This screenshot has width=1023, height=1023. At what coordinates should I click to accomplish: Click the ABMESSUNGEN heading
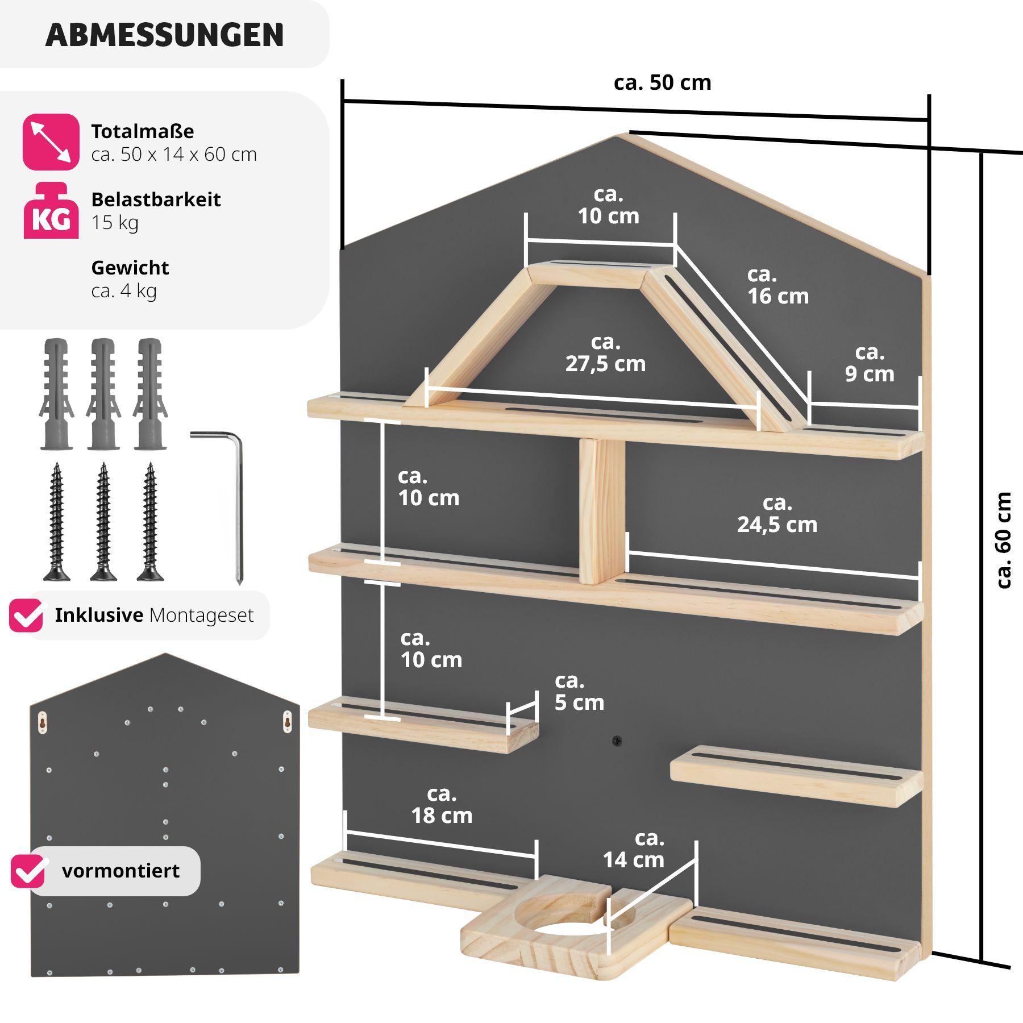(x=164, y=35)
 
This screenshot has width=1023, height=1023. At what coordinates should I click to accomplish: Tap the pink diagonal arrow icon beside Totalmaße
(x=51, y=142)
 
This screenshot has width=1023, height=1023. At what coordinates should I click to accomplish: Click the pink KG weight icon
(x=51, y=211)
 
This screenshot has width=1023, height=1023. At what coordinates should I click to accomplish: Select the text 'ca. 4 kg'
(x=124, y=291)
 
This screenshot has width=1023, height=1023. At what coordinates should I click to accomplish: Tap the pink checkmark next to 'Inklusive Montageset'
(x=26, y=616)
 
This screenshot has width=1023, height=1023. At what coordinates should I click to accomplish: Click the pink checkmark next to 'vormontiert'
(x=28, y=871)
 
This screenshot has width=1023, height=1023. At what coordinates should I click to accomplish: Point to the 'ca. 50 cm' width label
(x=662, y=83)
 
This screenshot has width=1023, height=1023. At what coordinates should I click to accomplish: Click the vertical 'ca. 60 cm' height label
(x=1004, y=540)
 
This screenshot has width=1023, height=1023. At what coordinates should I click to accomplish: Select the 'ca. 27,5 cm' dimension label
(x=605, y=353)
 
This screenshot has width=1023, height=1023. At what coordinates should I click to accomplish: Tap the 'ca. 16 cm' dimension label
(x=777, y=285)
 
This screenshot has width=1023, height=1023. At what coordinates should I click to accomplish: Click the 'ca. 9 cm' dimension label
(x=870, y=364)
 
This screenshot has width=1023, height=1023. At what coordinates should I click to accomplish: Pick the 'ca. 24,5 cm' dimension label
(x=777, y=514)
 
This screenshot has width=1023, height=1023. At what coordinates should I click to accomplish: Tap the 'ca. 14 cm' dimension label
(x=634, y=849)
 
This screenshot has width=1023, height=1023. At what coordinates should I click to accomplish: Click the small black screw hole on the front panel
(x=617, y=741)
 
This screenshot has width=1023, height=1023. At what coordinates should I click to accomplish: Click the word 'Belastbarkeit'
(x=156, y=199)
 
